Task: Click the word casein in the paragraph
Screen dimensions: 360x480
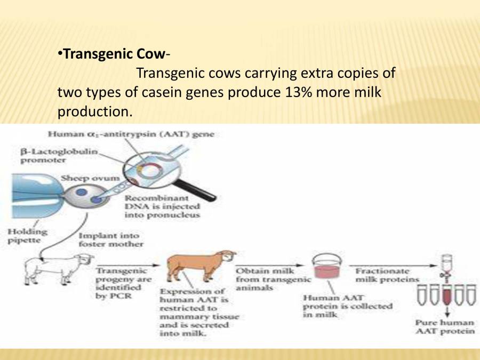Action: point(162,92)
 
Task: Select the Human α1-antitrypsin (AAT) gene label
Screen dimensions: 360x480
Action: point(131,134)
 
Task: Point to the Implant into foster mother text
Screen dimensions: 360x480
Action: point(110,239)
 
